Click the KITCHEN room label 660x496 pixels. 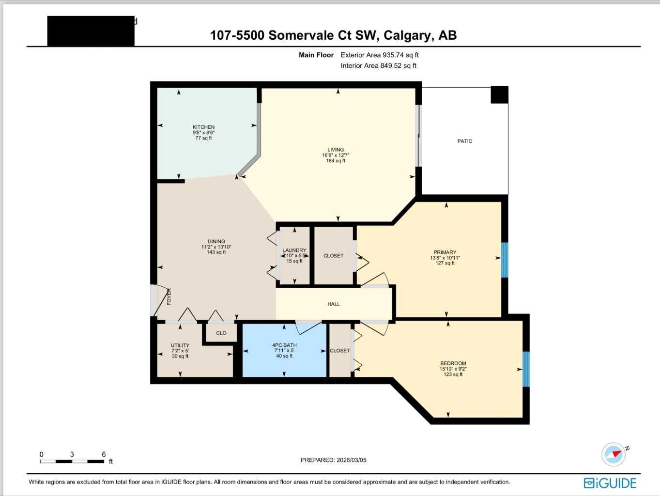203,127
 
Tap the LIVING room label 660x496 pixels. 336,150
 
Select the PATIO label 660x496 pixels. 464,141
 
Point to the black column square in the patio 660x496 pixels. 499,94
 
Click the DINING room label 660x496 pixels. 216,241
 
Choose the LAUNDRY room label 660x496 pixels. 294,250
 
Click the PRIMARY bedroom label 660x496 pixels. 445,252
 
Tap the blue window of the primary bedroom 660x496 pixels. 504,260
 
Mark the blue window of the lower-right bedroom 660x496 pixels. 526,369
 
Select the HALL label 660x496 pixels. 334,304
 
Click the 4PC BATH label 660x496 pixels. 284,345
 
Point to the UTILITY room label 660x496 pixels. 180,346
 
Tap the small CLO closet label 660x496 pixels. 221,333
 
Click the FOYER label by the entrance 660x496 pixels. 169,296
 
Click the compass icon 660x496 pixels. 614,454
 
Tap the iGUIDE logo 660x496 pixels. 610,483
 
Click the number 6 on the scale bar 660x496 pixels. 104,454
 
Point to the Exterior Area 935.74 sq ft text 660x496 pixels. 379,55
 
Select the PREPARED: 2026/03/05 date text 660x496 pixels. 333,460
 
